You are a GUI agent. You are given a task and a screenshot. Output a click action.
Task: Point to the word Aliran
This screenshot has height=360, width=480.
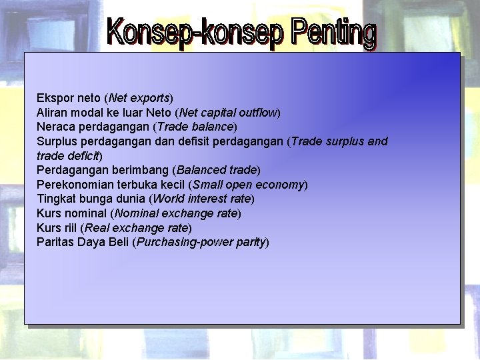point(52,113)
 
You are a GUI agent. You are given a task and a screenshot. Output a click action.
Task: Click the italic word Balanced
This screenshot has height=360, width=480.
point(201,170)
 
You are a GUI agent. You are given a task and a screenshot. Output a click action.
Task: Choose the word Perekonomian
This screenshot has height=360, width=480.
point(74,185)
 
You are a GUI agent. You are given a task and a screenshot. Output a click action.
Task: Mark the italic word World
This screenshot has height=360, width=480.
point(169,199)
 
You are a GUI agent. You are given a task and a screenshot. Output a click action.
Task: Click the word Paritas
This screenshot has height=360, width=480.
point(55,242)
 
